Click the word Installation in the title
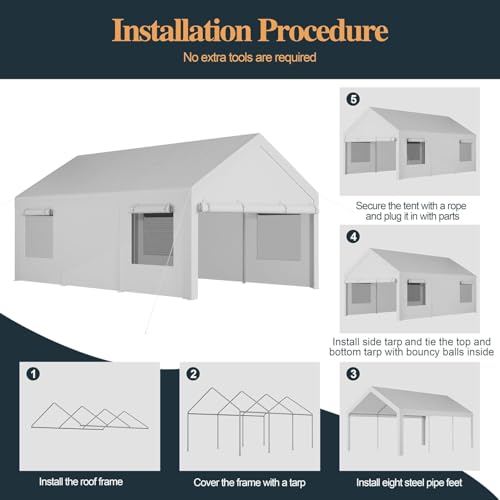185,30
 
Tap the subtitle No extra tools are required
250,57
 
